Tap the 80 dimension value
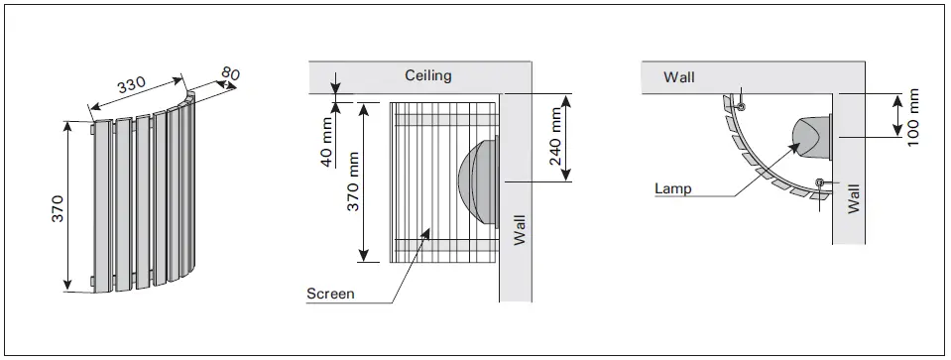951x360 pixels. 229,73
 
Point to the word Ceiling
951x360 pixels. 428,75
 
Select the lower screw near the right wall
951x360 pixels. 820,181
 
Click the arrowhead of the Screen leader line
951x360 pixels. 426,233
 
